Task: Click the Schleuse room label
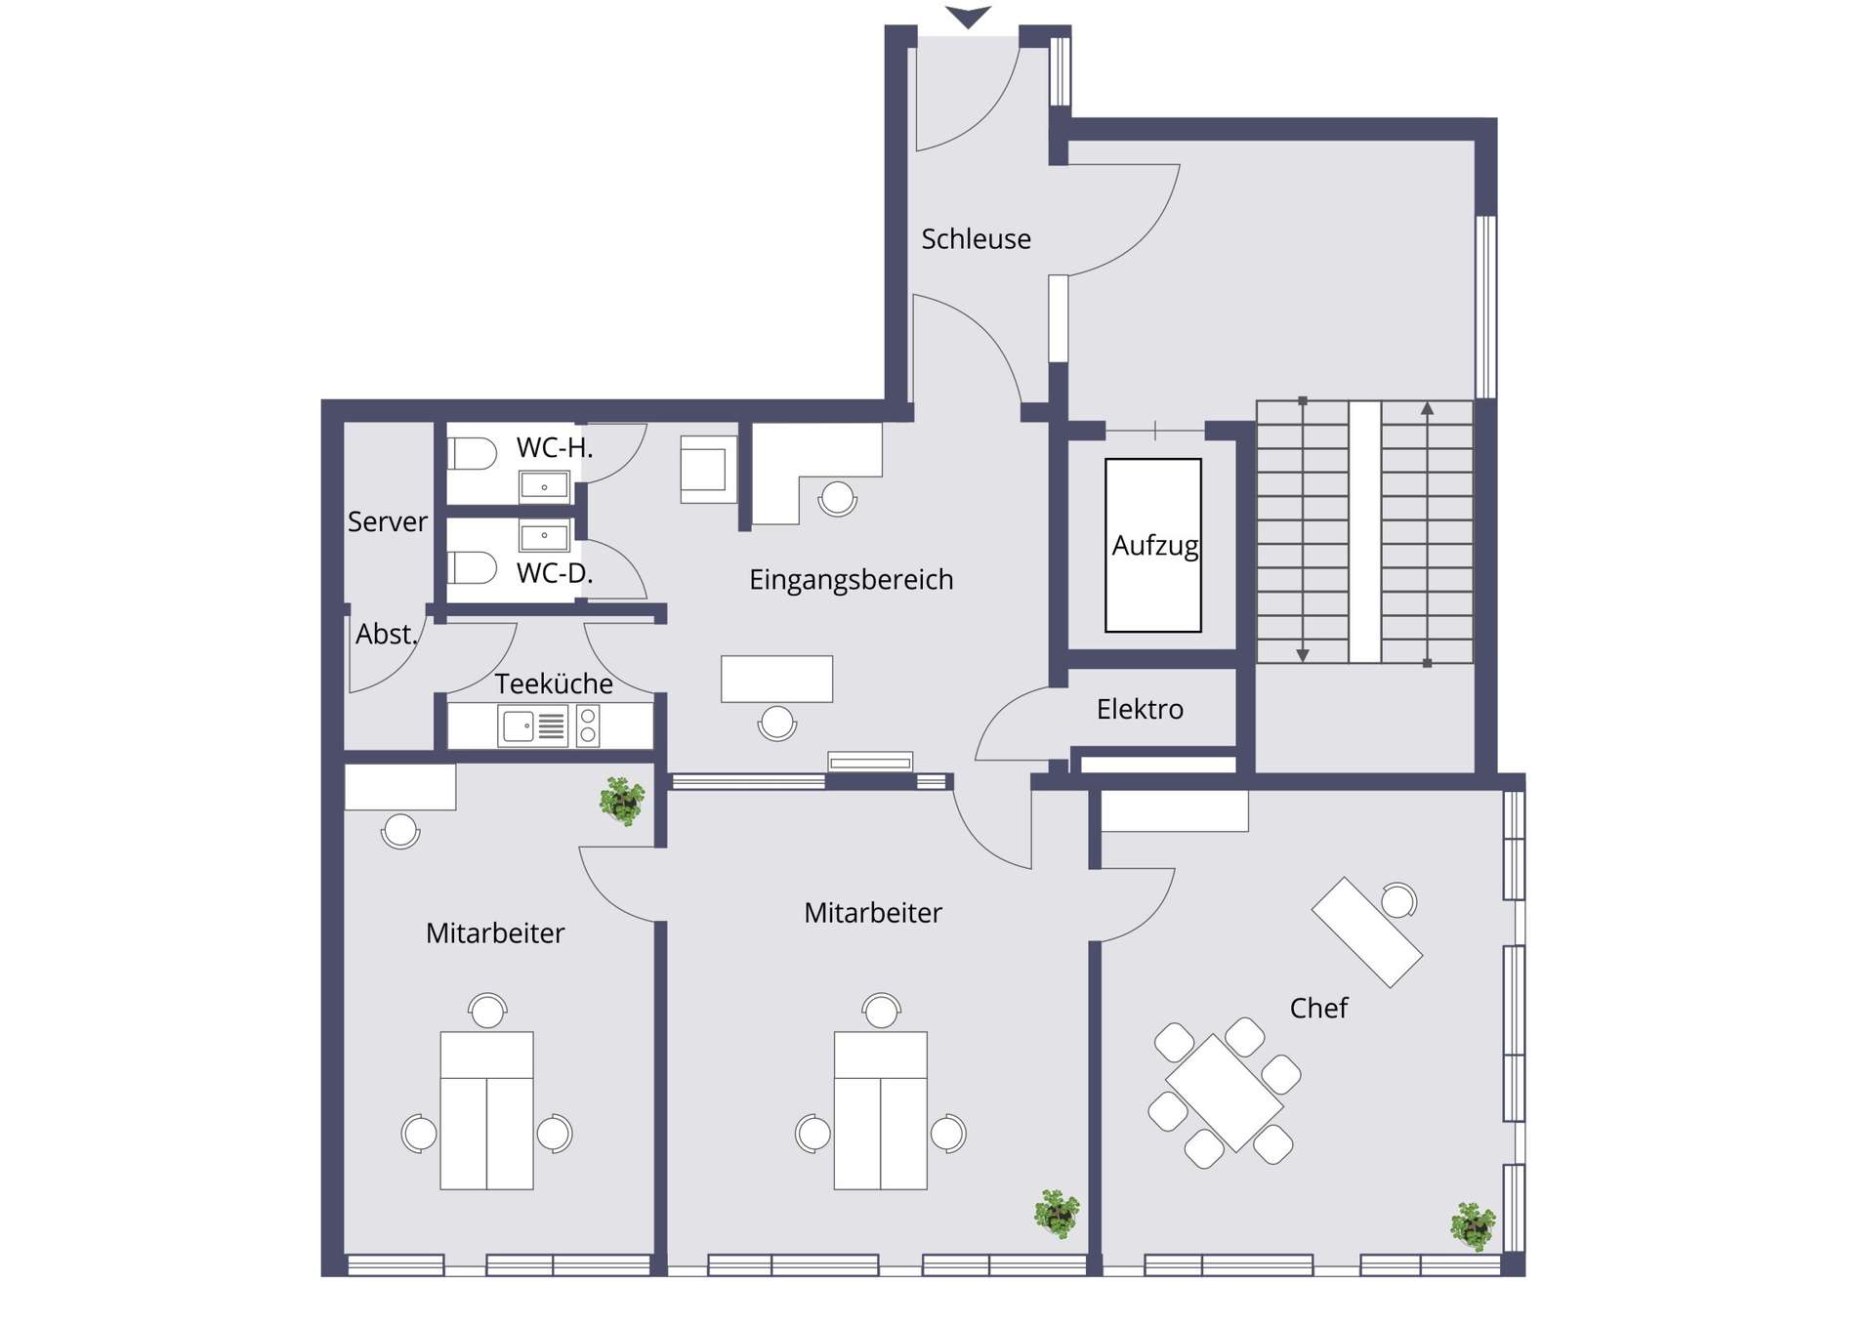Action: click(x=976, y=239)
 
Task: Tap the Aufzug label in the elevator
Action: click(x=1154, y=545)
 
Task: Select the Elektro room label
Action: click(x=1140, y=709)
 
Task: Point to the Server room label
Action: click(x=387, y=521)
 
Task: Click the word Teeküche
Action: click(x=554, y=683)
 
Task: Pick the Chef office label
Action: click(x=1318, y=1008)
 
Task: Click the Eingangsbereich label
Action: click(x=851, y=580)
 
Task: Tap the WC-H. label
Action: click(x=555, y=448)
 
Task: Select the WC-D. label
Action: click(x=555, y=573)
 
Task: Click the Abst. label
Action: click(x=387, y=635)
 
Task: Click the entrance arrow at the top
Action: click(x=968, y=17)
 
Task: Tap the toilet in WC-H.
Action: click(x=473, y=454)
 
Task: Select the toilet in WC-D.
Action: click(x=473, y=567)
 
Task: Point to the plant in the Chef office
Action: click(x=1473, y=1226)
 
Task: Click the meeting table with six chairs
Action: click(x=1225, y=1093)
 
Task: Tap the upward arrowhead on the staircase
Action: click(x=1428, y=409)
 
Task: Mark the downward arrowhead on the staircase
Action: click(x=1303, y=656)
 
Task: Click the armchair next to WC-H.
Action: click(x=708, y=470)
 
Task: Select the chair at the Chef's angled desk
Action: click(x=1398, y=900)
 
